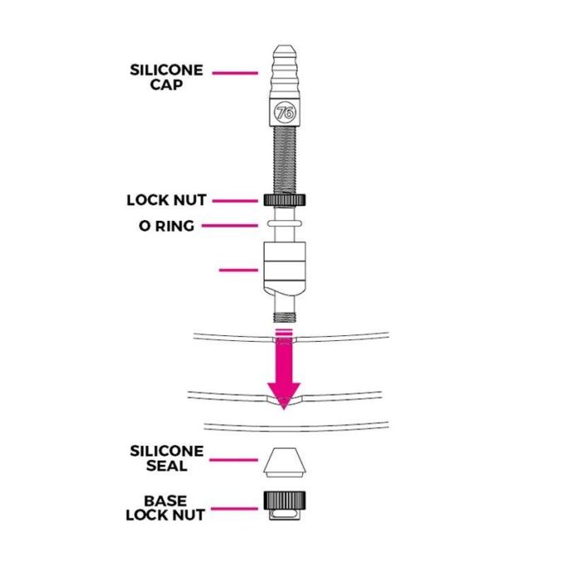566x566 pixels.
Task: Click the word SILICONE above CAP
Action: [167, 70]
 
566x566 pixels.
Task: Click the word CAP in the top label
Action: [167, 84]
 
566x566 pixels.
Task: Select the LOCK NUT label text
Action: [166, 200]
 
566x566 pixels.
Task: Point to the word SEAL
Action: [167, 466]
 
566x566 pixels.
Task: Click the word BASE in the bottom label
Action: [165, 501]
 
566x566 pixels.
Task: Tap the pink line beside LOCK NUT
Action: [237, 200]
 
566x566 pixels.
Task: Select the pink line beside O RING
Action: [237, 225]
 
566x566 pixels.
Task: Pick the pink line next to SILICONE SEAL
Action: [235, 458]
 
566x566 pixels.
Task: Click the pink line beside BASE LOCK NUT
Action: [235, 508]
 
